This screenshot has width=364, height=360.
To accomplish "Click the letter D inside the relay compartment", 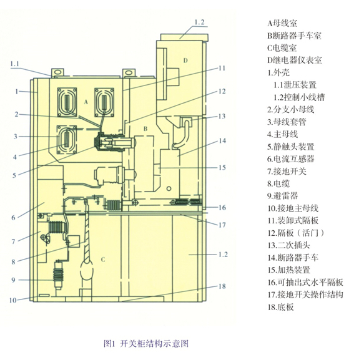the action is point(185,61).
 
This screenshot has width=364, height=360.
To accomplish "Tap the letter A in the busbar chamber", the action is point(86,102).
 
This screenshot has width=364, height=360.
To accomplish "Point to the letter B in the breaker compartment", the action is point(145,129).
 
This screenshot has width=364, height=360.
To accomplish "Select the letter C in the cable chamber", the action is point(103,260).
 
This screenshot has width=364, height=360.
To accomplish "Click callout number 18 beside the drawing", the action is point(222,286).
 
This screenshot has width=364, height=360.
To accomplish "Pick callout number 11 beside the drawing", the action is point(222,68).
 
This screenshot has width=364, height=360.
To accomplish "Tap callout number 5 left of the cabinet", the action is point(14,175).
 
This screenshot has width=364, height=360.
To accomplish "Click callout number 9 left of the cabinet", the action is point(14,280).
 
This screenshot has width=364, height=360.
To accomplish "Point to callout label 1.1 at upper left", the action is point(14,64).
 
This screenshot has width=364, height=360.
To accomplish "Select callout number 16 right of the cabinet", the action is point(222,207).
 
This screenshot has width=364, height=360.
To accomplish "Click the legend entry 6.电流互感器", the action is point(291,159).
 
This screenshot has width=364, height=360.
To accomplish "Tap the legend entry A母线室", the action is point(282,23).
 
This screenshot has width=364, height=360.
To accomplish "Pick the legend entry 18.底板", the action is point(281,307).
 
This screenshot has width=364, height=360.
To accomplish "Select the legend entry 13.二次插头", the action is point(289,245).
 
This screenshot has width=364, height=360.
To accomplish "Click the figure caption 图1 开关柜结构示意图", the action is point(146,344).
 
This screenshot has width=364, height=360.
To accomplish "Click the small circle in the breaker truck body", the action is point(169,188).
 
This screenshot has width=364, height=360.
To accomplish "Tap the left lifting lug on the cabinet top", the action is point(57,72).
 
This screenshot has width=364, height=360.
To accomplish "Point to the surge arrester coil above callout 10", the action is point(58,275).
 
